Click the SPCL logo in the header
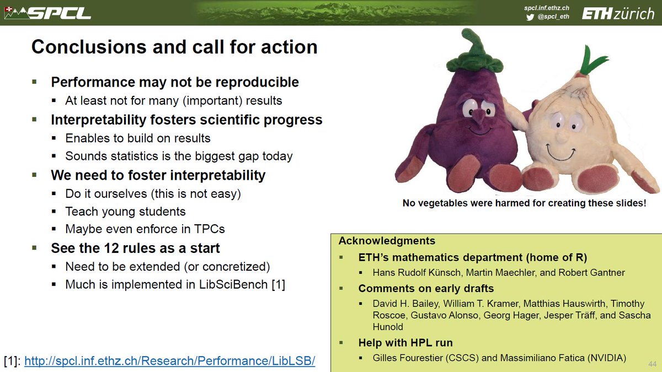pos(48,13)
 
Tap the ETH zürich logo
pos(618,14)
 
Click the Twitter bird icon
pos(530,17)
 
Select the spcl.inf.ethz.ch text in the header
pos(547,8)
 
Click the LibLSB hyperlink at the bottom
pos(170,361)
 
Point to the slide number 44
pos(652,364)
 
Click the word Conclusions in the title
pos(89,47)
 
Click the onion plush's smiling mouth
pos(560,153)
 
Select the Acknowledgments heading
pos(387,241)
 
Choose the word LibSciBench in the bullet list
pos(233,284)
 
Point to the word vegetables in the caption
pos(442,203)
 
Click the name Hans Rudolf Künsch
pos(417,272)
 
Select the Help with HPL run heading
pos(405,343)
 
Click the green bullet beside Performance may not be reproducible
pos(35,82)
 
